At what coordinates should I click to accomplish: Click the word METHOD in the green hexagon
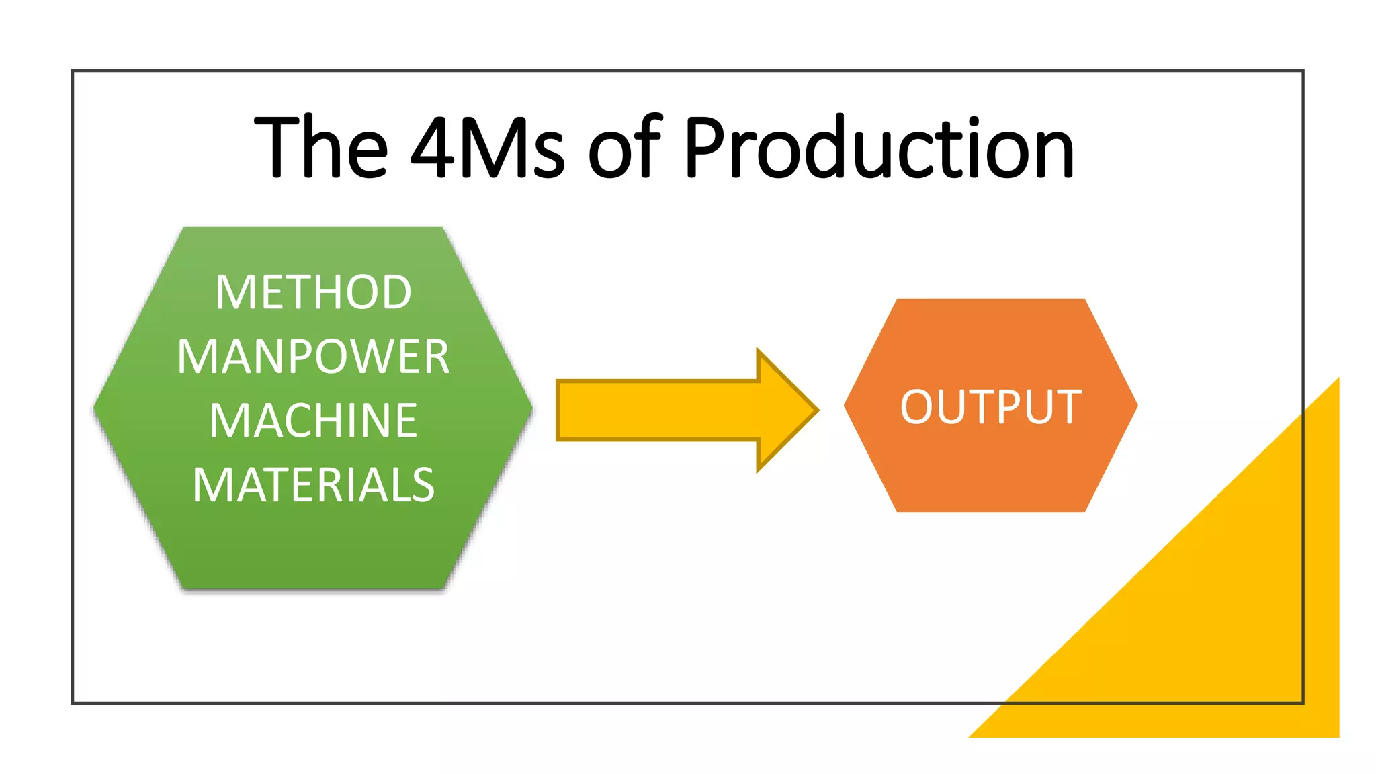[313, 292]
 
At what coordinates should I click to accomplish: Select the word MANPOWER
[313, 357]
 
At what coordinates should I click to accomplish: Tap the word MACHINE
[313, 421]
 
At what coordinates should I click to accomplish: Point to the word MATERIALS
[313, 485]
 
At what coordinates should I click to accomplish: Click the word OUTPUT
[990, 407]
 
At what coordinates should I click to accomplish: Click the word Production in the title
[879, 148]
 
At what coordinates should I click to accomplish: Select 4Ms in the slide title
[487, 148]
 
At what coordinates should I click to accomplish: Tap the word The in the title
[321, 148]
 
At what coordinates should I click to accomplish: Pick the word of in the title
[625, 148]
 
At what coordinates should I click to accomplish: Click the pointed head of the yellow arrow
[789, 410]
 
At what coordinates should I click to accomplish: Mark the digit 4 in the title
[431, 148]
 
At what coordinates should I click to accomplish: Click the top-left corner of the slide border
[73, 71]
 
